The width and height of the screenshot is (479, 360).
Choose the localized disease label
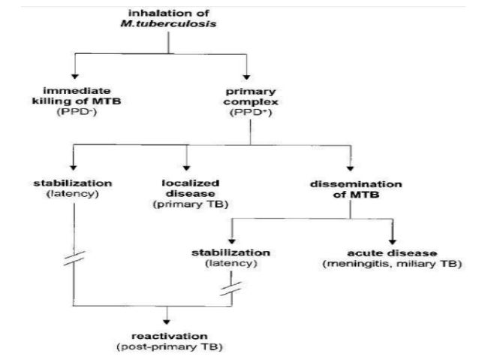click(187, 188)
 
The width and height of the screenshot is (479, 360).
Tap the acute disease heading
click(391, 253)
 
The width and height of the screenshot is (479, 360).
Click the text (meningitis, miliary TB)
click(391, 265)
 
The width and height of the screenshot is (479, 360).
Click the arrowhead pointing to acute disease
click(391, 239)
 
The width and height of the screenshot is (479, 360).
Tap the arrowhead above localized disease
click(187, 167)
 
